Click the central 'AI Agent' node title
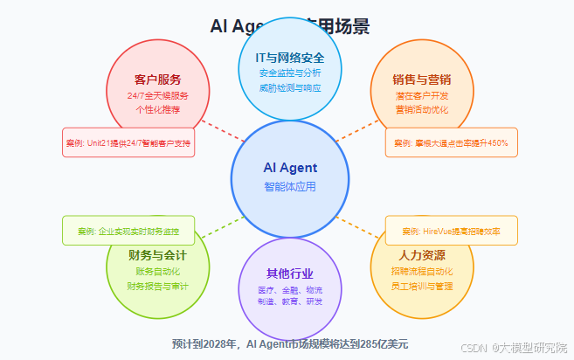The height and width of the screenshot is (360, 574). [290, 168]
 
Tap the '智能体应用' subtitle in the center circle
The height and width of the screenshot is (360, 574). [290, 187]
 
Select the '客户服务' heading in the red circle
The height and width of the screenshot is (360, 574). [157, 80]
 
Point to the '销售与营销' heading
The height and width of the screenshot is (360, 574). [422, 80]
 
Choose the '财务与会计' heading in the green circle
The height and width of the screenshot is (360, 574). [157, 256]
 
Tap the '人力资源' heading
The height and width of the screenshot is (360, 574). [422, 256]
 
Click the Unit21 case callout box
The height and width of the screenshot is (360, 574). [128, 142]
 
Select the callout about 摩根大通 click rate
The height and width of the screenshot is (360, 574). [451, 142]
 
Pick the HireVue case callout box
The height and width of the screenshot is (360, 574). [451, 231]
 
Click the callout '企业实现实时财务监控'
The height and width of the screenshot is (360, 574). [128, 232]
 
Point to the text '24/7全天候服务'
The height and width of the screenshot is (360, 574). [157, 95]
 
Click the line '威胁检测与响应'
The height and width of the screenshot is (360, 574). [290, 88]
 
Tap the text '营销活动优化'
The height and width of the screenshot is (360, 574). [422, 110]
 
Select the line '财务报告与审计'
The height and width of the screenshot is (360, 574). [157, 286]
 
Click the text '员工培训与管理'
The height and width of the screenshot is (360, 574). [422, 286]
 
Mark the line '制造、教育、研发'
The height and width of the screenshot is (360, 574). [290, 301]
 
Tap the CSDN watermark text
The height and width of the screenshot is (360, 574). [515, 348]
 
